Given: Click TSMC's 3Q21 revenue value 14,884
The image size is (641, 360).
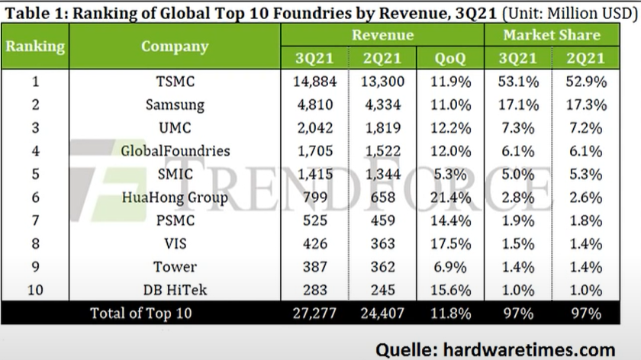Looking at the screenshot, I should click(x=314, y=81).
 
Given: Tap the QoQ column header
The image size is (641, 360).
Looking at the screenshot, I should click(x=451, y=58).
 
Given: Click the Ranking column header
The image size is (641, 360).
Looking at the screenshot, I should click(x=35, y=46).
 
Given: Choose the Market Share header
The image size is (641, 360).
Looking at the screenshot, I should click(x=551, y=35).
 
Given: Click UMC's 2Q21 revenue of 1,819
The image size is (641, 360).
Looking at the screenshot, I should click(x=382, y=127).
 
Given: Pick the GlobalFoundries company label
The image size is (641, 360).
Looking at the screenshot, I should click(x=175, y=151).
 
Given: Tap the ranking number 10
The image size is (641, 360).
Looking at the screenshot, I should click(x=35, y=290).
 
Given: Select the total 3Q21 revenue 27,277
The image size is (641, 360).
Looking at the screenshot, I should click(x=314, y=313).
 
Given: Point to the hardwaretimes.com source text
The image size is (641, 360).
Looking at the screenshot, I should click(x=495, y=348).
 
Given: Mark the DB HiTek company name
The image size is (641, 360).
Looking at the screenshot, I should click(x=175, y=290).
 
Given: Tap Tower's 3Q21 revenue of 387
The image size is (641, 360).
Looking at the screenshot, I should click(x=314, y=267).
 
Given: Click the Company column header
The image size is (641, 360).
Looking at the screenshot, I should click(x=174, y=46).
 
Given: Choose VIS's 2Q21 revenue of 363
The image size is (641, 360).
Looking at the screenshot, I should click(x=382, y=244).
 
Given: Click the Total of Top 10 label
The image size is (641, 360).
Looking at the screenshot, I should click(x=141, y=313).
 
